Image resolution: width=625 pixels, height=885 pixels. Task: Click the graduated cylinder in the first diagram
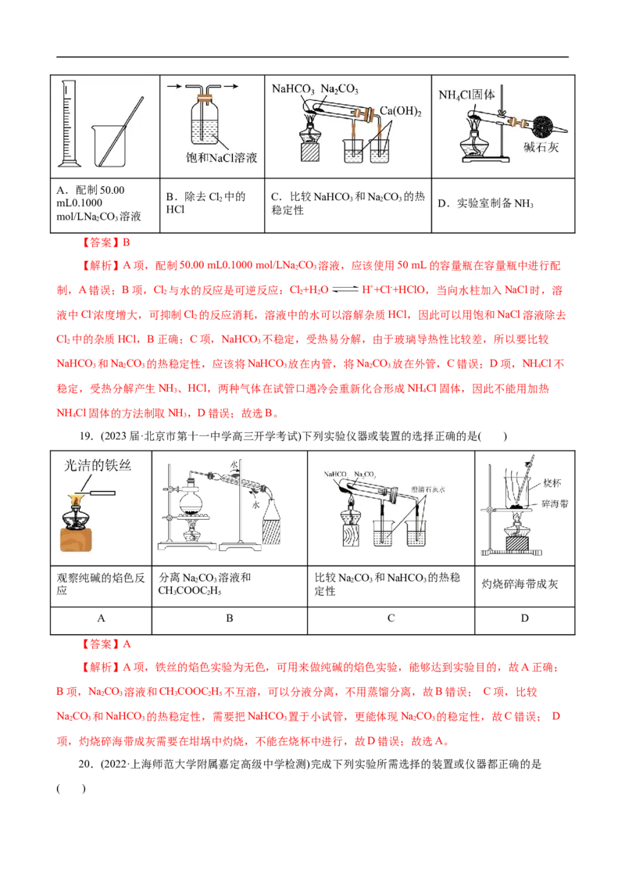click(x=70, y=125)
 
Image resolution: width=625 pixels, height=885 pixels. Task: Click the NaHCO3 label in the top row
click(x=292, y=90)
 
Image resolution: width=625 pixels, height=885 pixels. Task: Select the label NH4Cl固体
click(x=467, y=95)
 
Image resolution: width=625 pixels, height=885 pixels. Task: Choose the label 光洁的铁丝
click(x=95, y=467)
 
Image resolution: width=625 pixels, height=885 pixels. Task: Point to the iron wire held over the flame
click(x=102, y=493)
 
